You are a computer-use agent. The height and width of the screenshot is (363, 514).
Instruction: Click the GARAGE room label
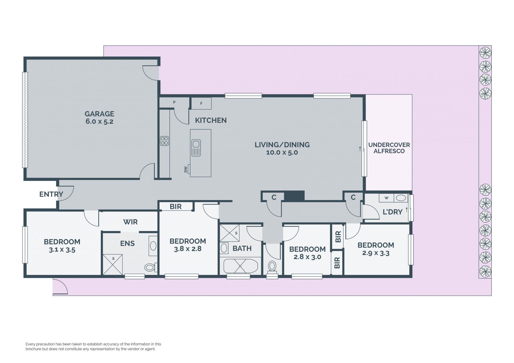pyautogui.click(x=99, y=114)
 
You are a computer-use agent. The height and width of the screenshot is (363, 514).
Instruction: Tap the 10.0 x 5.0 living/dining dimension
pyautogui.click(x=282, y=152)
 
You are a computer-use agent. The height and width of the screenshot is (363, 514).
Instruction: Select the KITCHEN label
pyautogui.click(x=211, y=120)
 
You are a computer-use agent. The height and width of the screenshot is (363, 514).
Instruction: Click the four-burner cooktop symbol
pyautogui.click(x=164, y=141)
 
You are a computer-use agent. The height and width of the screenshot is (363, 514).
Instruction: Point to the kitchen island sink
pyautogui.click(x=196, y=148)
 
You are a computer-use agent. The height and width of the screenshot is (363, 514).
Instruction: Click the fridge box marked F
pyautogui.click(x=201, y=103)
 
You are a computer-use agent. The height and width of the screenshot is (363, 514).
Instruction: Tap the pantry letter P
pyautogui.click(x=174, y=102)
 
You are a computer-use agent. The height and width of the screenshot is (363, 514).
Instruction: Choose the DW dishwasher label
pyautogui.click(x=186, y=169)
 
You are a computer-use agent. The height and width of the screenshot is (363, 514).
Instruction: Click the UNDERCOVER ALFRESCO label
pyautogui.click(x=389, y=148)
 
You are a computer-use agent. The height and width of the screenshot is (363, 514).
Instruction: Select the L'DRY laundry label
pyautogui.click(x=392, y=212)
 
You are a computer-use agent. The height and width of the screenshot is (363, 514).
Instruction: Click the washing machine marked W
pyautogui.click(x=386, y=198)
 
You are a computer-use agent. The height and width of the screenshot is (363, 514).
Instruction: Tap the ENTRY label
pyautogui.click(x=51, y=194)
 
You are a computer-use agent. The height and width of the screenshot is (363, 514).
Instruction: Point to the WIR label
pyautogui.click(x=130, y=222)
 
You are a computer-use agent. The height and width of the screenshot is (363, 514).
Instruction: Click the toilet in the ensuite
pyautogui.click(x=150, y=267)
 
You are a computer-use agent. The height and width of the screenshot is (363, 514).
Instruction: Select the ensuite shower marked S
pyautogui.click(x=113, y=264)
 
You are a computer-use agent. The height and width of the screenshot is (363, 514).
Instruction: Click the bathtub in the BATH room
pyautogui.click(x=240, y=266)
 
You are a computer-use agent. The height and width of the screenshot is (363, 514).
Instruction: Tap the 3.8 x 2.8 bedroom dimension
pyautogui.click(x=188, y=249)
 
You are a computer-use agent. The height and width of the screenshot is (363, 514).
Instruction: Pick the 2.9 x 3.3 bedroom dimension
pyautogui.click(x=376, y=253)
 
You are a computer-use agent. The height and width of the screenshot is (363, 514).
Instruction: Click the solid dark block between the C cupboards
pyautogui.click(x=294, y=196)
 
